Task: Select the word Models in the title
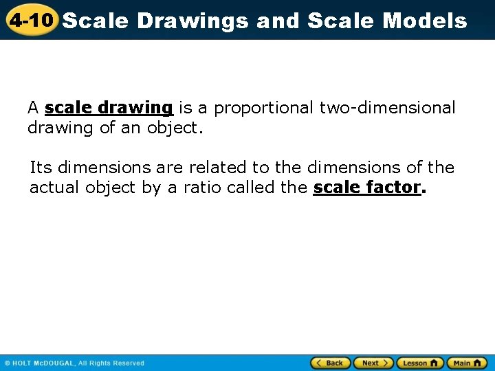[x=424, y=21]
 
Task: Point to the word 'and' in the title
[x=278, y=21]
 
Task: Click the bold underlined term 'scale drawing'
[x=108, y=108]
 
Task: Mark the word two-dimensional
[x=387, y=108]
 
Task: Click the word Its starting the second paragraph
[x=41, y=168]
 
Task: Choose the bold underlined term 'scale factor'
[x=366, y=188]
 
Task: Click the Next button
[x=373, y=363]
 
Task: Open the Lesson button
[x=419, y=363]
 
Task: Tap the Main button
[x=466, y=363]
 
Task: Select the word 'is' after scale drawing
[x=185, y=108]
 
